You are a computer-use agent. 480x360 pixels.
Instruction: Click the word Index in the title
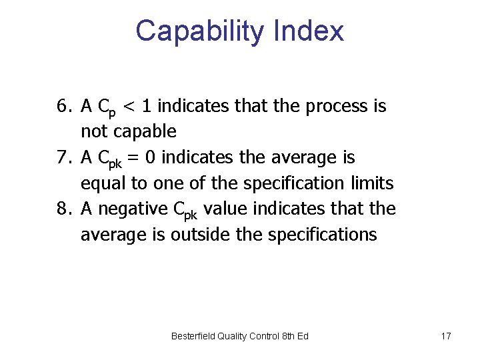coord(312,31)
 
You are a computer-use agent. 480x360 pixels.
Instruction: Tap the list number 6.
coord(63,106)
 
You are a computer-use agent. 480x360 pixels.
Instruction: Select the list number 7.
coord(63,158)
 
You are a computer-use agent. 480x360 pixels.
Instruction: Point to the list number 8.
coord(63,209)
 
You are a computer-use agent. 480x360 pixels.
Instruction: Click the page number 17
coord(446,336)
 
